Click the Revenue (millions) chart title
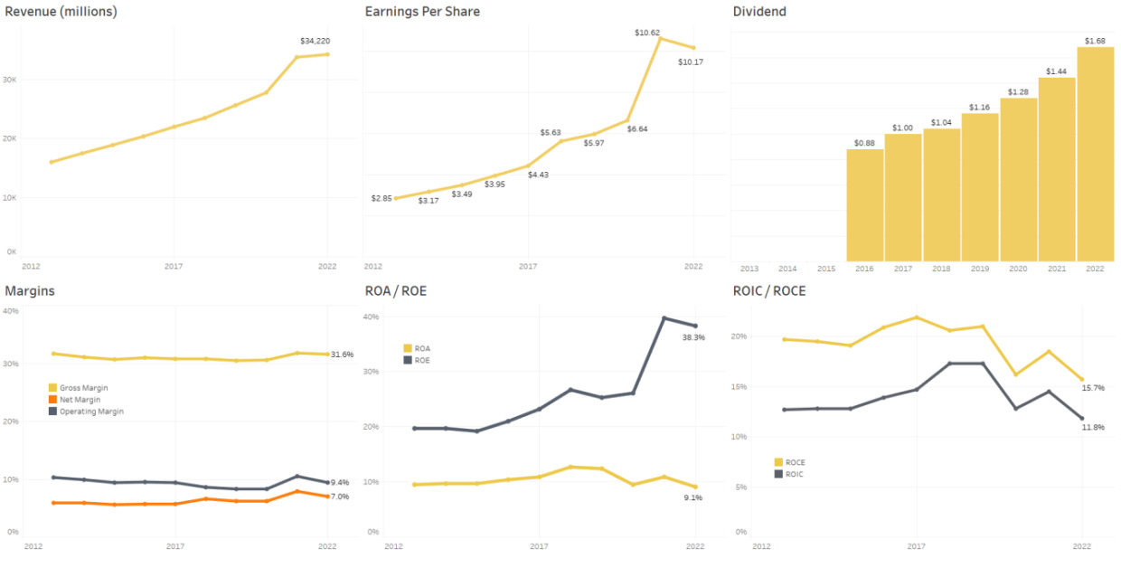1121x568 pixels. [x=61, y=12]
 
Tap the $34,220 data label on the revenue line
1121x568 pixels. [x=316, y=41]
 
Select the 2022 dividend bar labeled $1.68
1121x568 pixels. [x=1095, y=154]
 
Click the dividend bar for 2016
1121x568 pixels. [x=864, y=205]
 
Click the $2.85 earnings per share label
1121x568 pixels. [x=381, y=198]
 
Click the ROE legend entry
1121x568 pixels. [x=419, y=360]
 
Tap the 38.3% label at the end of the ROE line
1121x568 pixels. [x=693, y=337]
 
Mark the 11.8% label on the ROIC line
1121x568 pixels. [x=1093, y=427]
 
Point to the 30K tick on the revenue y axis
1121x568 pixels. [x=11, y=80]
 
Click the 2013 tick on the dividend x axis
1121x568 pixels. [x=749, y=269]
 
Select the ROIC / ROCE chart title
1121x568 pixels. [x=768, y=291]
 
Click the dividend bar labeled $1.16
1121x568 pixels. [x=979, y=187]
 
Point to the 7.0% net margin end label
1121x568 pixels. [x=340, y=497]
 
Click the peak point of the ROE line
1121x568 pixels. [x=664, y=317]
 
